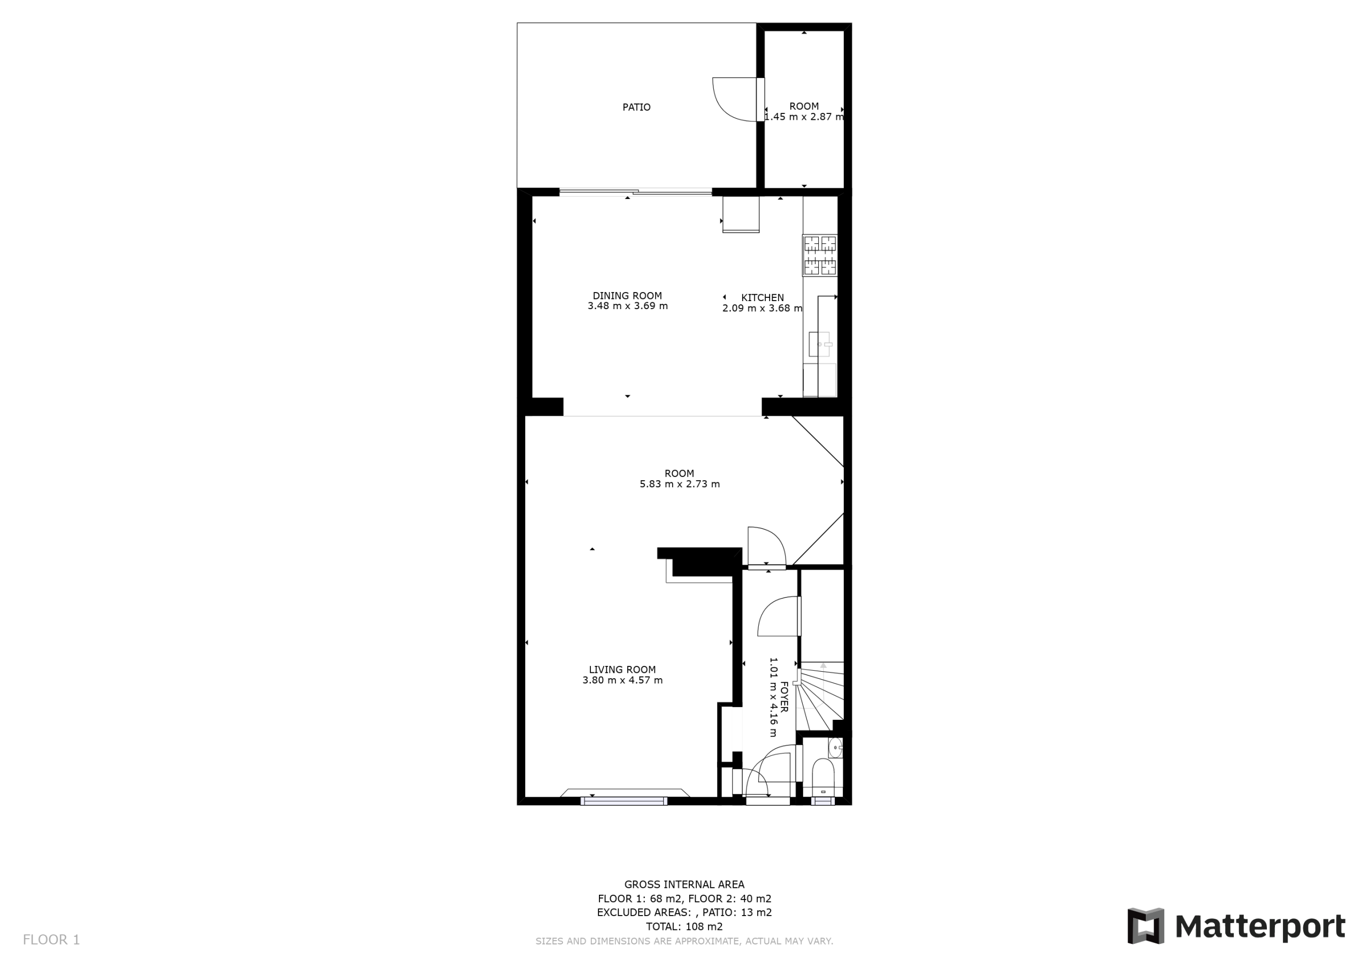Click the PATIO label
(636, 107)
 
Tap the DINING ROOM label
(627, 296)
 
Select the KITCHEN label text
(763, 297)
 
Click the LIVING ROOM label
(622, 670)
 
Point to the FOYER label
(784, 697)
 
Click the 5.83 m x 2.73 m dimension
(680, 485)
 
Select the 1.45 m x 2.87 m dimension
(804, 117)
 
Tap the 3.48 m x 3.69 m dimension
(628, 306)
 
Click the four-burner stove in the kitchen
(820, 255)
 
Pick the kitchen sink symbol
(820, 344)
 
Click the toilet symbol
(824, 777)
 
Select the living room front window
(624, 801)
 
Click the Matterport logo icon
(1145, 926)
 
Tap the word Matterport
(1260, 927)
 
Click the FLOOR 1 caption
(51, 940)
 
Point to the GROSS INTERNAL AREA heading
(684, 885)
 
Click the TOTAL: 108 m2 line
(684, 926)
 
